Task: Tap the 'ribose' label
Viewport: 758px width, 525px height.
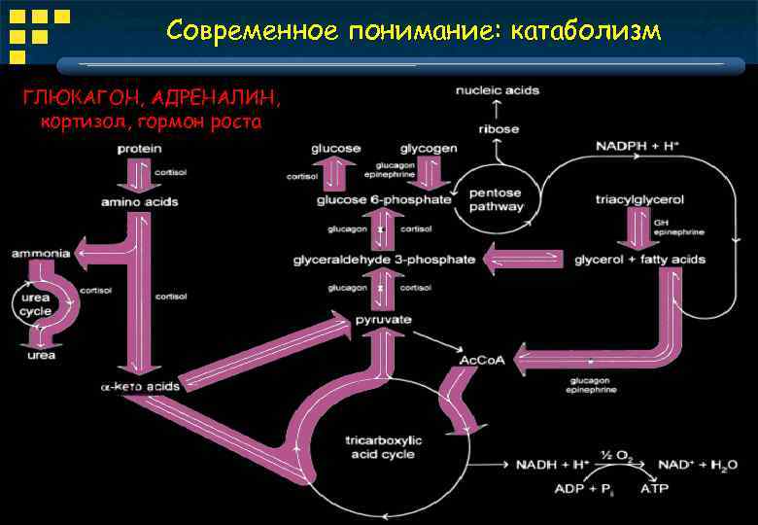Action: point(499,128)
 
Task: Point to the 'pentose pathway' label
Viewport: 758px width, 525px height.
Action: point(497,199)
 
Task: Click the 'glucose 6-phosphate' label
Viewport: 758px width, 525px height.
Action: point(384,200)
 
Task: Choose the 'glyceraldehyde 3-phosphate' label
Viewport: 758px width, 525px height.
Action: point(384,260)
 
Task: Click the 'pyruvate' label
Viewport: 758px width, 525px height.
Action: point(383,320)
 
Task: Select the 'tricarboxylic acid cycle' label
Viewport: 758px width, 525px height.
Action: point(379,447)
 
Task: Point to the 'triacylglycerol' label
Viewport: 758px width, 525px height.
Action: point(639,200)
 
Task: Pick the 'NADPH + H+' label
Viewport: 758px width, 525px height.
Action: point(637,146)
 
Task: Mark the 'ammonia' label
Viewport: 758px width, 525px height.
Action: point(41,253)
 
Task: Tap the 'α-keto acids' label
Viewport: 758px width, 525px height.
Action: point(140,386)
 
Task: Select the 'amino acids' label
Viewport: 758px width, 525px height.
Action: point(140,201)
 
